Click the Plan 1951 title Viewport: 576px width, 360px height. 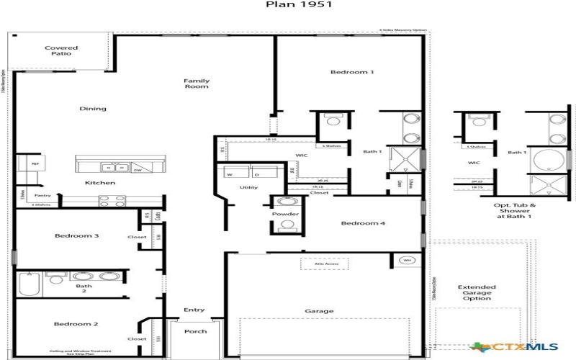287,4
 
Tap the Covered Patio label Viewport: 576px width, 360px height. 61,52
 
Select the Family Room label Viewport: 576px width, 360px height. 196,84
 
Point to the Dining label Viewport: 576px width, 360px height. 93,109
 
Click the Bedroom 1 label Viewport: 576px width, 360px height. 352,72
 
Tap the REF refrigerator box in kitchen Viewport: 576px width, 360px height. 34,164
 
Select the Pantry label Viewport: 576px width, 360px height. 42,195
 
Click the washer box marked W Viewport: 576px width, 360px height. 230,174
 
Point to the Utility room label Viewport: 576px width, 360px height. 248,188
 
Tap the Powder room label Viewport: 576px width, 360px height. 286,214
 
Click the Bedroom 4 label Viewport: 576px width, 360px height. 363,224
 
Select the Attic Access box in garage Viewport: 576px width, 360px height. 325,264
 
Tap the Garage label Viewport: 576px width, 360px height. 319,311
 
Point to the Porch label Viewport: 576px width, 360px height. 195,331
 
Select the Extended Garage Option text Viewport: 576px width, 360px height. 476,293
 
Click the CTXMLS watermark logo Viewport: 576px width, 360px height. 507,347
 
